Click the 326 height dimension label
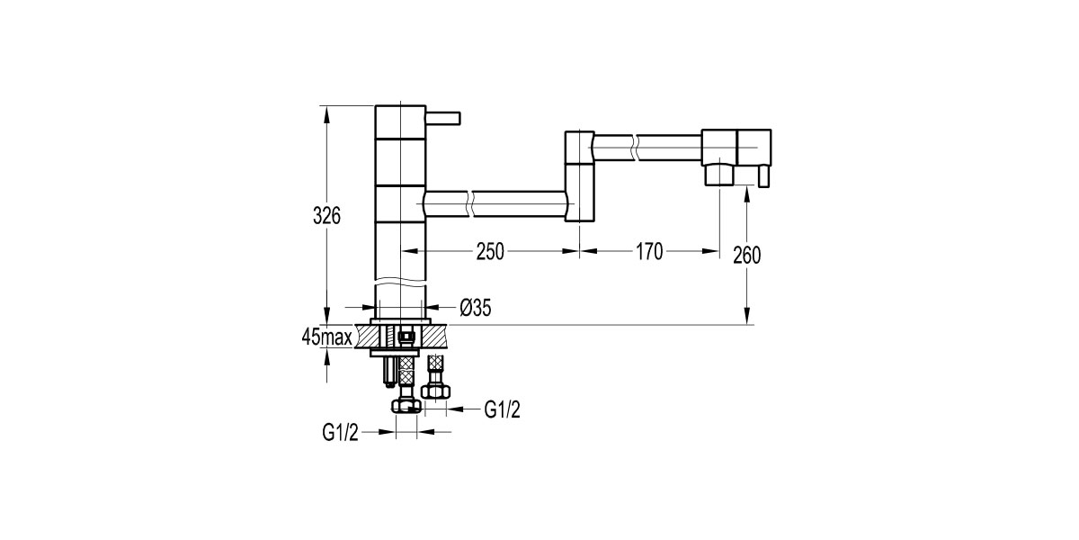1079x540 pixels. coord(325,216)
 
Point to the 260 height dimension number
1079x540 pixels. coord(746,255)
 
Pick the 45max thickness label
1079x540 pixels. coord(325,337)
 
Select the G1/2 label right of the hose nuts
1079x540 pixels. coord(502,409)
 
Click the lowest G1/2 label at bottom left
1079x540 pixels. coord(341,433)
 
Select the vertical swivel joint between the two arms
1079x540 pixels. coord(579,176)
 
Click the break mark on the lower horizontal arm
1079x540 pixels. coord(468,203)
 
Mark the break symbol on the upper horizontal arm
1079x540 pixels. coord(637,147)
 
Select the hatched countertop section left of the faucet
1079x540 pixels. coord(368,336)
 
